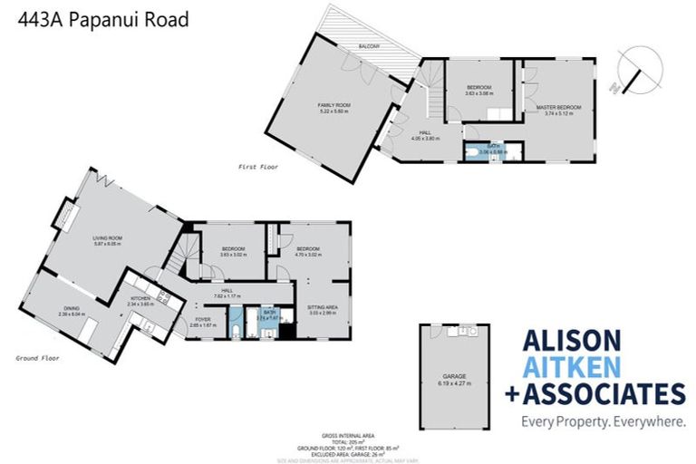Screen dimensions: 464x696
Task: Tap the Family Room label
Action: point(334,106)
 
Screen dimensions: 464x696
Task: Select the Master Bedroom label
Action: point(557,108)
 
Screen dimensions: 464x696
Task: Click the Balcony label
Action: point(368,45)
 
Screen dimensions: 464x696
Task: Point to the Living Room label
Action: point(106,239)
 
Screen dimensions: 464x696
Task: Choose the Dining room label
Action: point(71,308)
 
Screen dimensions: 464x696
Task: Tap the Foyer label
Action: point(203,318)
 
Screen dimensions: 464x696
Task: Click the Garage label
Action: point(455,378)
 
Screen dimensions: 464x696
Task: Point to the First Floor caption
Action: point(258,167)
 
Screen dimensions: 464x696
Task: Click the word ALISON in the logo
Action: point(573,341)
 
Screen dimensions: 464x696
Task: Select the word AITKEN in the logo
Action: point(572,367)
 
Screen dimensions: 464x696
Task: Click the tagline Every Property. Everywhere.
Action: point(602,421)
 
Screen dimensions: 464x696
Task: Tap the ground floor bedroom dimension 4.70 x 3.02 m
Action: point(308,255)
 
